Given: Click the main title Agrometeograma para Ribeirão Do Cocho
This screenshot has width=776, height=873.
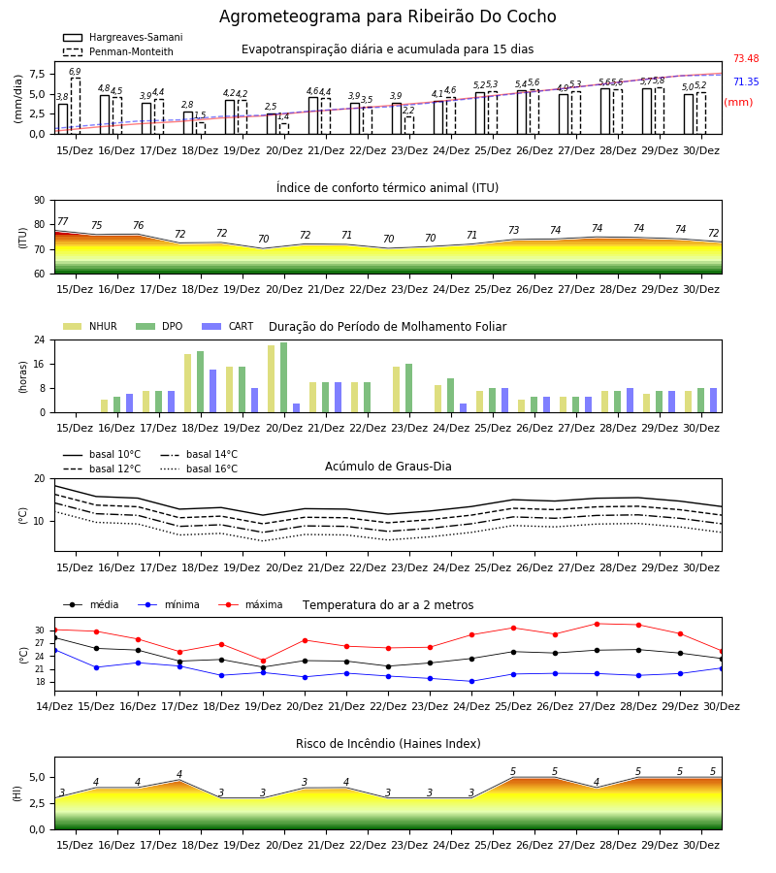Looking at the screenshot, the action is coord(387,16).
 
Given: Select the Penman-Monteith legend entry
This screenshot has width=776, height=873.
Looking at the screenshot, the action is coord(118,51).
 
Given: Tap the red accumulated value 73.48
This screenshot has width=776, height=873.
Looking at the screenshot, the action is coord(746,58).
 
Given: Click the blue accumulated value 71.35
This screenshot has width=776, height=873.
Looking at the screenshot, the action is coord(746,81).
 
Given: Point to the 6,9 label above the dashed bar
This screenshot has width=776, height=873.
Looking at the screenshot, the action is coord(75,71).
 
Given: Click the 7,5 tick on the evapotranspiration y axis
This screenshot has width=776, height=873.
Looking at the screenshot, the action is coord(37,74).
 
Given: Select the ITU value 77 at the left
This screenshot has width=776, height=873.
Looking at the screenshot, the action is coord(62,221).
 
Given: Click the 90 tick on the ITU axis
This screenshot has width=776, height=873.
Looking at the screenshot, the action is coord(40,201).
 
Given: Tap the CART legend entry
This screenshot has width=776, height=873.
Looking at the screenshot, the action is coord(228,326).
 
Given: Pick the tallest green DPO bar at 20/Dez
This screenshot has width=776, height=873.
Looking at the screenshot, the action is coord(284,377).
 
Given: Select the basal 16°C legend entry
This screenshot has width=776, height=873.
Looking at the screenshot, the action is coord(199,469).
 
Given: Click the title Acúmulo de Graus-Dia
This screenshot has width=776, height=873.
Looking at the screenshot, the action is coord(388,466).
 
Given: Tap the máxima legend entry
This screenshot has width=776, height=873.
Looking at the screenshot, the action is coord(250,604).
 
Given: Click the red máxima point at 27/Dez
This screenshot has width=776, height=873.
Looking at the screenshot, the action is coord(597,624).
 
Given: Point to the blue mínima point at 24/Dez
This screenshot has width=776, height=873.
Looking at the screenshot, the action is coord(471,682).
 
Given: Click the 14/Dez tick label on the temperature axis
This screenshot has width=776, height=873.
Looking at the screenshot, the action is coord(54,706).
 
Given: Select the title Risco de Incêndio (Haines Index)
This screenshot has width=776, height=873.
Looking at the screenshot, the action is coord(388,744).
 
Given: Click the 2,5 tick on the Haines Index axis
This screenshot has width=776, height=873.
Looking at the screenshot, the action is coord(37,803).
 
